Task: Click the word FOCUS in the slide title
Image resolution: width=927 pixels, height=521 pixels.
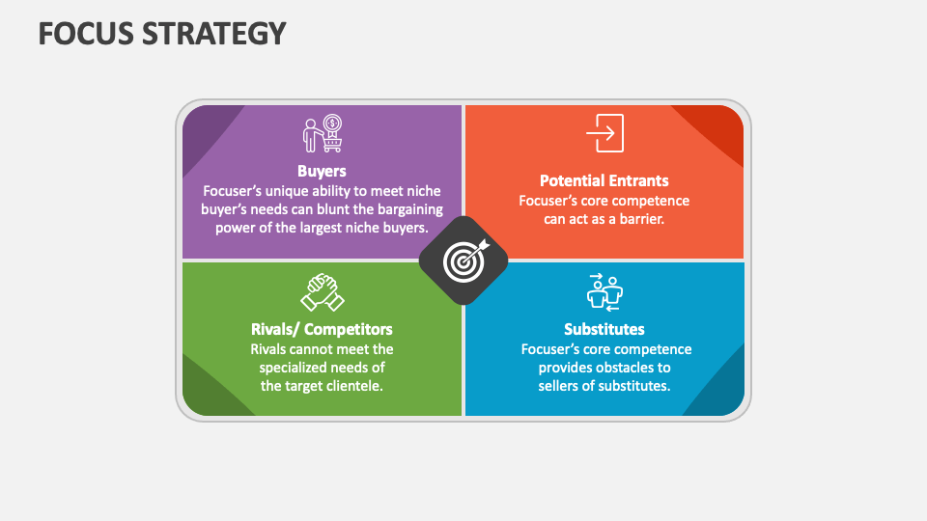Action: pos(86,34)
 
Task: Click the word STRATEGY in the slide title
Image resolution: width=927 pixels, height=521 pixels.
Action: pos(214,34)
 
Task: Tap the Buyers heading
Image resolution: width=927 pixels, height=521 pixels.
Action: pos(322,171)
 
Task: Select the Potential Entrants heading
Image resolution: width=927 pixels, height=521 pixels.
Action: pos(604,180)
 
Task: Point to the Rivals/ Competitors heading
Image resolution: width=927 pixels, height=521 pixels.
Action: pos(322,329)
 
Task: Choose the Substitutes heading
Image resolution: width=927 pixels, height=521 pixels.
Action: pos(604,329)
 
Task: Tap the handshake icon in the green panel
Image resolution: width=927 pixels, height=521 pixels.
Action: pos(323,292)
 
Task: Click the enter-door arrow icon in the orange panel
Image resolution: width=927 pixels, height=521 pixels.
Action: pos(604,133)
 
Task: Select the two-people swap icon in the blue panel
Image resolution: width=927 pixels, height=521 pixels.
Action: pos(604,292)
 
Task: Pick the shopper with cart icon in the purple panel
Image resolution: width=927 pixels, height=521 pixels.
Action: pos(323,133)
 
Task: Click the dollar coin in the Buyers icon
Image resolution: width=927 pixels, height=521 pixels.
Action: pos(333,123)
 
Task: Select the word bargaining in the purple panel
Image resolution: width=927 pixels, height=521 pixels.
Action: pos(410,209)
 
